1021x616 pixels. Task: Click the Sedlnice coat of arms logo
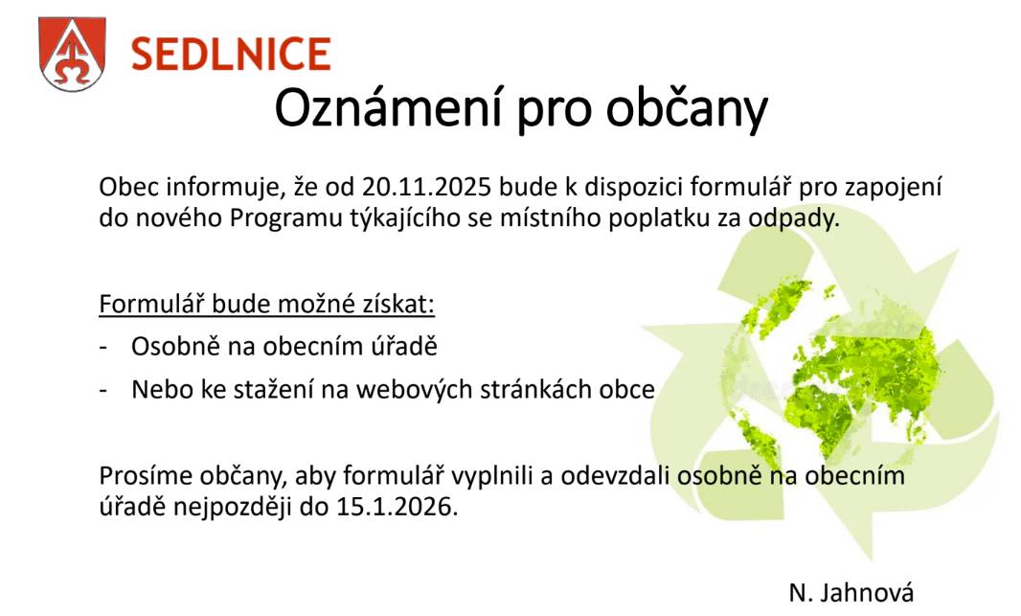point(73,53)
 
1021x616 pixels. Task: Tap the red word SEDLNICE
point(230,54)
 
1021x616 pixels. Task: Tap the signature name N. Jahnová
point(851,592)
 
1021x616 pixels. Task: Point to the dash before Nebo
point(103,391)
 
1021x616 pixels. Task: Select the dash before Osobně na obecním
point(103,348)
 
